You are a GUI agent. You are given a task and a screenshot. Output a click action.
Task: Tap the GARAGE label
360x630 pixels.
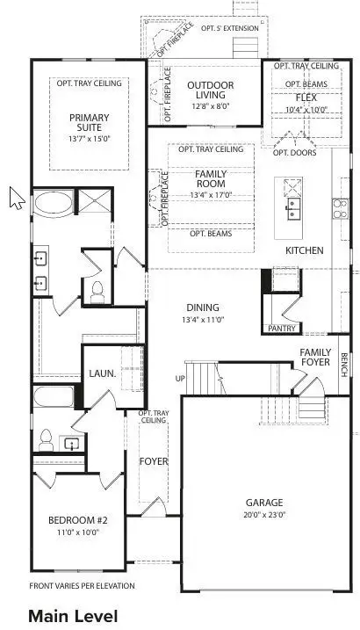click(263, 503)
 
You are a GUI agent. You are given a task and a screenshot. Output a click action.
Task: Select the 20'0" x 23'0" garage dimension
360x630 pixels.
click(263, 515)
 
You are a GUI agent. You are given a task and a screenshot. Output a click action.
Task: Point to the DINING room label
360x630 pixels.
click(203, 308)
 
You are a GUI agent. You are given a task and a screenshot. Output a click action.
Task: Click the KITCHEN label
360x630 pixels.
click(304, 250)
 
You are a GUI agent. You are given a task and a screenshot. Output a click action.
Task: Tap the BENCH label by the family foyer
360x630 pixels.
click(345, 364)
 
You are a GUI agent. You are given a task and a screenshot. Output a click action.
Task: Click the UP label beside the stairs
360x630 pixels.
click(182, 379)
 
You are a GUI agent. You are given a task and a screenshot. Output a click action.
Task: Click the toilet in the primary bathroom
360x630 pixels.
click(98, 286)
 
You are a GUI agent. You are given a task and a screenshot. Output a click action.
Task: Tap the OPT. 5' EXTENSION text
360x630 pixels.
click(230, 29)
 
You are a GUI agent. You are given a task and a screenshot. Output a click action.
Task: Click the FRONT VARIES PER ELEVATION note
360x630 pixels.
click(83, 585)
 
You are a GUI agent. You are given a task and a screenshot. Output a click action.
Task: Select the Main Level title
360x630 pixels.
click(72, 616)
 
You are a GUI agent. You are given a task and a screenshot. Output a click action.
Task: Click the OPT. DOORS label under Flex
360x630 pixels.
click(292, 152)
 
